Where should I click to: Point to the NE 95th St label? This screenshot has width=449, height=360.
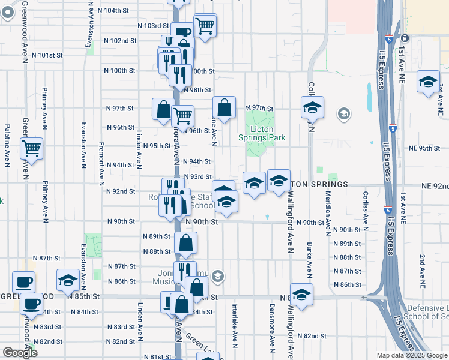[x=424, y=148]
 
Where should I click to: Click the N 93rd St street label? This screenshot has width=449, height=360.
[x=198, y=176]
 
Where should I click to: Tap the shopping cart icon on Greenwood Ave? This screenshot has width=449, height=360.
[x=31, y=148]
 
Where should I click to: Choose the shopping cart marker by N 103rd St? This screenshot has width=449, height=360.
[x=205, y=26]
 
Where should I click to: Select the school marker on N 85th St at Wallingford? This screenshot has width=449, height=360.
[x=301, y=294]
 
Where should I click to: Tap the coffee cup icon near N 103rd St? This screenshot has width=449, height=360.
[x=182, y=32]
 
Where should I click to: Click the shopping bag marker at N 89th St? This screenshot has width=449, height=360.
[x=186, y=243]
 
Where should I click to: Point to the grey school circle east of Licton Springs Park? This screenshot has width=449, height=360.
[x=343, y=113]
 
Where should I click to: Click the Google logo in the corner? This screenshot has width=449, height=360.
[x=20, y=353]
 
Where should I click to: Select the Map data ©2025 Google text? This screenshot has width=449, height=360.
[x=412, y=355]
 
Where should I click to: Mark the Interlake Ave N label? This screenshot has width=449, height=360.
[x=235, y=318]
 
